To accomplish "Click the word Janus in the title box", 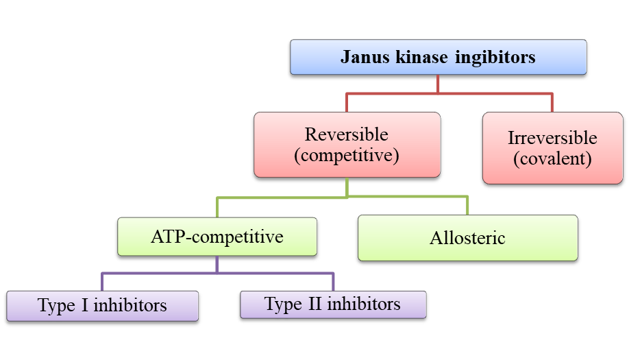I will pyautogui.click(x=365, y=56).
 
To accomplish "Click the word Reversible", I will pyautogui.click(x=346, y=134).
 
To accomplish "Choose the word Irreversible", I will pyautogui.click(x=552, y=137).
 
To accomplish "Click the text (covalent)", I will pyautogui.click(x=552, y=158).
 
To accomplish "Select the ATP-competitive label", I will pyautogui.click(x=217, y=237).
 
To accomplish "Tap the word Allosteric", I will pyautogui.click(x=467, y=238).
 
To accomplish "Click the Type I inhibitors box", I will pyautogui.click(x=102, y=306).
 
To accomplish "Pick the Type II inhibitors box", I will pyautogui.click(x=333, y=304).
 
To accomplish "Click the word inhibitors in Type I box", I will pyautogui.click(x=130, y=306).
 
